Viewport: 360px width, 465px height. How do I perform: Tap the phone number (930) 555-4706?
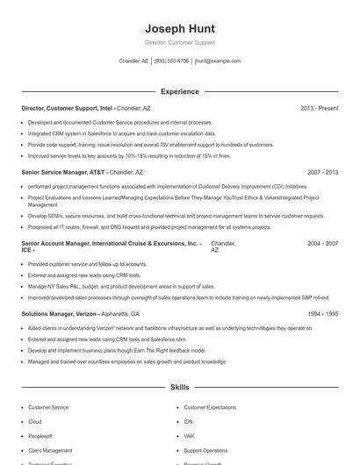(172, 61)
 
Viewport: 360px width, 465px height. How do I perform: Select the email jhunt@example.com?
(218, 61)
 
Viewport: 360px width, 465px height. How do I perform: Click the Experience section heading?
(179, 91)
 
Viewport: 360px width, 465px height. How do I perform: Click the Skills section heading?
(179, 387)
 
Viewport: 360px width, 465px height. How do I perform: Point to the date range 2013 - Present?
(319, 108)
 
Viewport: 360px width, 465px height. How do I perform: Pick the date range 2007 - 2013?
(322, 173)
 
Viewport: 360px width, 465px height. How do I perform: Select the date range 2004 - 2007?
(322, 243)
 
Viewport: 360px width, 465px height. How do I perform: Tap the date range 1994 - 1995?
(322, 313)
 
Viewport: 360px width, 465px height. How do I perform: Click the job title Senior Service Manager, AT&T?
(61, 173)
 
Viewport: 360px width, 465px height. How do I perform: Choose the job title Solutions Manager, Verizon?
(60, 313)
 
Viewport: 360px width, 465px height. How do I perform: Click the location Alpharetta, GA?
(120, 313)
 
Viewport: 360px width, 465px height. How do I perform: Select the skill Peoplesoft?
(40, 436)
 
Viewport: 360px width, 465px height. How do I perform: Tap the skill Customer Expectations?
(210, 408)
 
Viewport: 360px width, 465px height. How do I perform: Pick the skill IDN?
(189, 422)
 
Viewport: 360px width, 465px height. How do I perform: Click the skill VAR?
(189, 436)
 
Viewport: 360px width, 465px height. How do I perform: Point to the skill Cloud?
(35, 422)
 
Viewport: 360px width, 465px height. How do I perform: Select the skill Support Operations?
(205, 450)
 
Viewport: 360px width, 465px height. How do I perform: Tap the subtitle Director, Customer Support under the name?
(179, 42)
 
